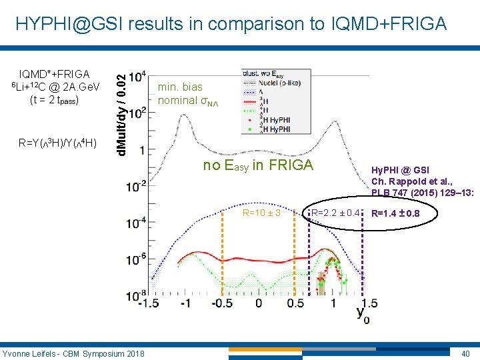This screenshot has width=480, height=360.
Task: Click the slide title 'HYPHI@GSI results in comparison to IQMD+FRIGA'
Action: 231,24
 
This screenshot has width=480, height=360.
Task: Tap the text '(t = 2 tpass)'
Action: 55,100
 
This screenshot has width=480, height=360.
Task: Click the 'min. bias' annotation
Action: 180,87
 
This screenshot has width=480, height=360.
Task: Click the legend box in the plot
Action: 273,100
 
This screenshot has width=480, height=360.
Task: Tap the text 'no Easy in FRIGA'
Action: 258,165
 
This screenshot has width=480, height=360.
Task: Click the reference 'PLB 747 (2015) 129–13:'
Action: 422,193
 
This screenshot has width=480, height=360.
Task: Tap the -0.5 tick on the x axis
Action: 221,303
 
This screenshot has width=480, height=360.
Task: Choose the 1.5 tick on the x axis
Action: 369,303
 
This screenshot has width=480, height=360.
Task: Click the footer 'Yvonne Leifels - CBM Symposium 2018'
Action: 73,353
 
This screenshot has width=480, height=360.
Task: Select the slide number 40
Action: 465,353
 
